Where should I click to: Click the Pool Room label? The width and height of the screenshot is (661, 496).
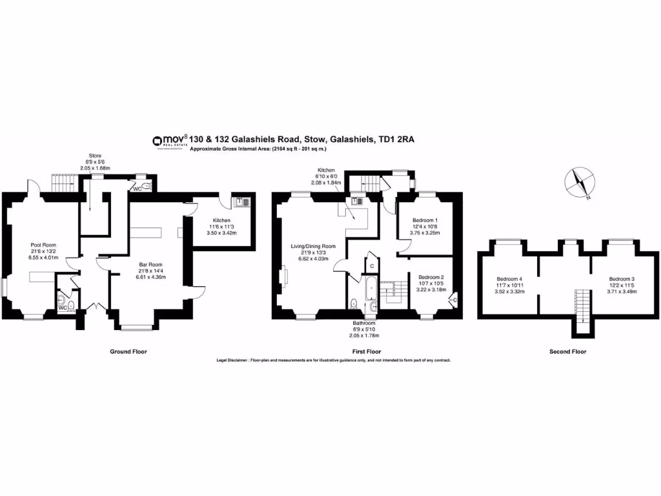click(x=44, y=245)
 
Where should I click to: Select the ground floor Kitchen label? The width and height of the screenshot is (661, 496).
click(x=221, y=220)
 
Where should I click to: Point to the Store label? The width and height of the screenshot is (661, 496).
click(x=95, y=156)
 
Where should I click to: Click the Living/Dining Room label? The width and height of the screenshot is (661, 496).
click(x=313, y=246)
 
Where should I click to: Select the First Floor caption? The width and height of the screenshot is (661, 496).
click(x=368, y=351)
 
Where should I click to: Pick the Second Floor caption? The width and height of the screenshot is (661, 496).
click(x=568, y=351)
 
